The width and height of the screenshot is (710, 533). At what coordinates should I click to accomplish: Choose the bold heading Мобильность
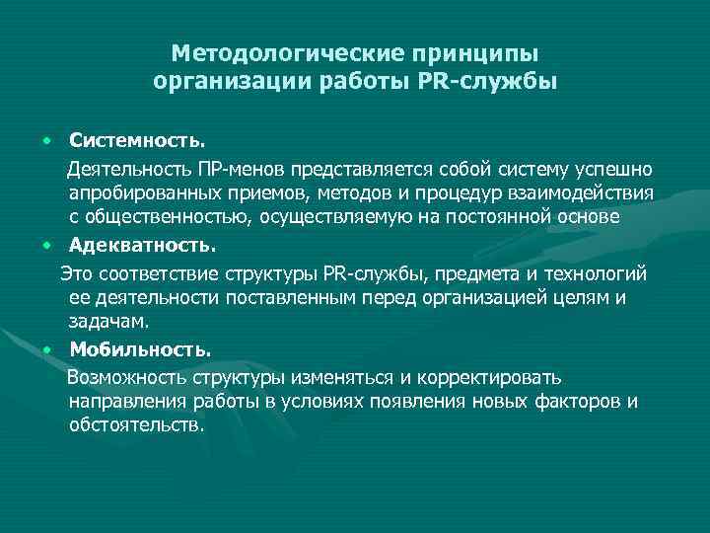(139, 348)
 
